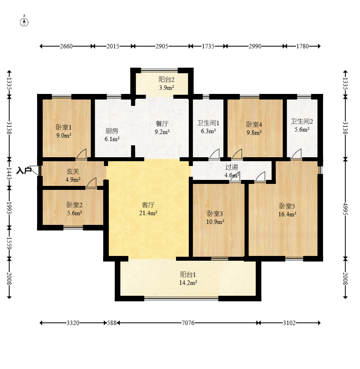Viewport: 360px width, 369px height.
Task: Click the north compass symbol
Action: pyautogui.click(x=24, y=22)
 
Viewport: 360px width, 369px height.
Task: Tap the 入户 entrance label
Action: pyautogui.click(x=23, y=170)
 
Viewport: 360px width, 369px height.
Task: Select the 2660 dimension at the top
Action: pyautogui.click(x=66, y=46)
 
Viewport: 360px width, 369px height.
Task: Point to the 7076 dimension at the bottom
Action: pyautogui.click(x=188, y=323)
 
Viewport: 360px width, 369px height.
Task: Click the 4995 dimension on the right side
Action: pyautogui.click(x=345, y=209)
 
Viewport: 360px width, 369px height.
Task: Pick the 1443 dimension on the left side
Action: pyautogui.click(x=9, y=174)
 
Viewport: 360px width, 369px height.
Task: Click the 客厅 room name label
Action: pyautogui.click(x=148, y=205)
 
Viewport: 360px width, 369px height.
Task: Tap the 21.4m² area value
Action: pyautogui.click(x=148, y=213)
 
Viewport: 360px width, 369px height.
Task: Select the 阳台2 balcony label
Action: pyautogui.click(x=166, y=80)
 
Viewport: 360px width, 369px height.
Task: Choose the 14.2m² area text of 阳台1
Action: pyautogui.click(x=188, y=283)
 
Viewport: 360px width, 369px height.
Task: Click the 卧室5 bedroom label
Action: pyautogui.click(x=287, y=206)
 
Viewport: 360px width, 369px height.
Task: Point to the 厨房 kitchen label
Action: pyautogui.click(x=112, y=131)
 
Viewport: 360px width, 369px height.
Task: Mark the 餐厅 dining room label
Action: pyautogui.click(x=162, y=123)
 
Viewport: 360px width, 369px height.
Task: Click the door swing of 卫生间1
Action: pyautogui.click(x=214, y=154)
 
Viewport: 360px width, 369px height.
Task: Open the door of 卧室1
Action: pyautogui.click(x=82, y=154)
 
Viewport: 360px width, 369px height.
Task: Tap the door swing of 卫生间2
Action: pyautogui.click(x=296, y=154)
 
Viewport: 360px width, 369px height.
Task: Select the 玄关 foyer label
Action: pyautogui.click(x=73, y=172)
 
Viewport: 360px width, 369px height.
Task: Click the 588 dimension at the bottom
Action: pyautogui.click(x=112, y=323)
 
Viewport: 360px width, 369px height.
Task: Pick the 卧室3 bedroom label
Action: pyautogui.click(x=215, y=213)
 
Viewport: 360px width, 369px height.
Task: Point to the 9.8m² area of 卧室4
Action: pyautogui.click(x=254, y=133)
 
